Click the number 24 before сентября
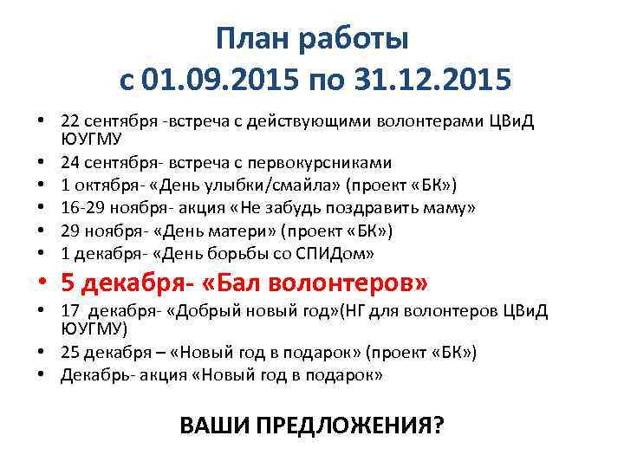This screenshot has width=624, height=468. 70,162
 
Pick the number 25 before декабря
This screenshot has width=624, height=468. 70,353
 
